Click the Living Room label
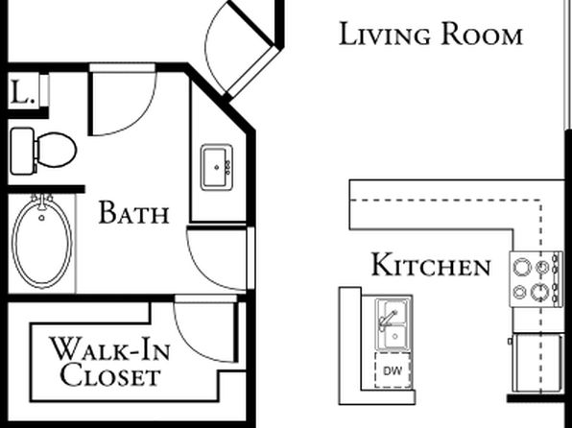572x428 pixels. click(431, 34)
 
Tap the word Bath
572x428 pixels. click(133, 212)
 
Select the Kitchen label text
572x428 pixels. click(431, 265)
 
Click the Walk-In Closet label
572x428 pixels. click(110, 362)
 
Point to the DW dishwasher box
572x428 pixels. click(393, 370)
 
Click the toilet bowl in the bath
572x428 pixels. click(57, 150)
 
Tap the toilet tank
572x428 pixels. click(22, 151)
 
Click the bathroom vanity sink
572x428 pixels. click(217, 168)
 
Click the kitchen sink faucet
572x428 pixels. click(387, 320)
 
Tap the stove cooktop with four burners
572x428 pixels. click(536, 279)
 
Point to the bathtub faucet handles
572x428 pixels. click(42, 199)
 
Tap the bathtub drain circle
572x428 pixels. click(41, 218)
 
